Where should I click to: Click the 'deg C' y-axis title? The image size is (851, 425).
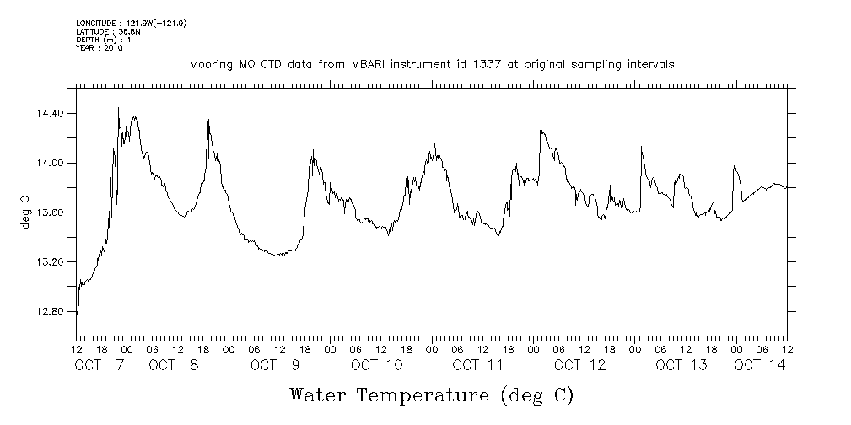(x=24, y=212)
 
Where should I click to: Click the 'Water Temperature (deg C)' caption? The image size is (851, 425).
(x=432, y=395)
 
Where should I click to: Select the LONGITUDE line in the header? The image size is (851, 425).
(x=131, y=23)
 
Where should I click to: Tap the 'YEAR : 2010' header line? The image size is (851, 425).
(x=100, y=48)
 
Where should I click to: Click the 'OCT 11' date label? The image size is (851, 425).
(x=477, y=365)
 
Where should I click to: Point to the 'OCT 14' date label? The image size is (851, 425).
(x=759, y=365)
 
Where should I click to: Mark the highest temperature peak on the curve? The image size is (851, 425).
(x=118, y=108)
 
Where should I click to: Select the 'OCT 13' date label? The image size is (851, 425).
(x=681, y=365)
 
